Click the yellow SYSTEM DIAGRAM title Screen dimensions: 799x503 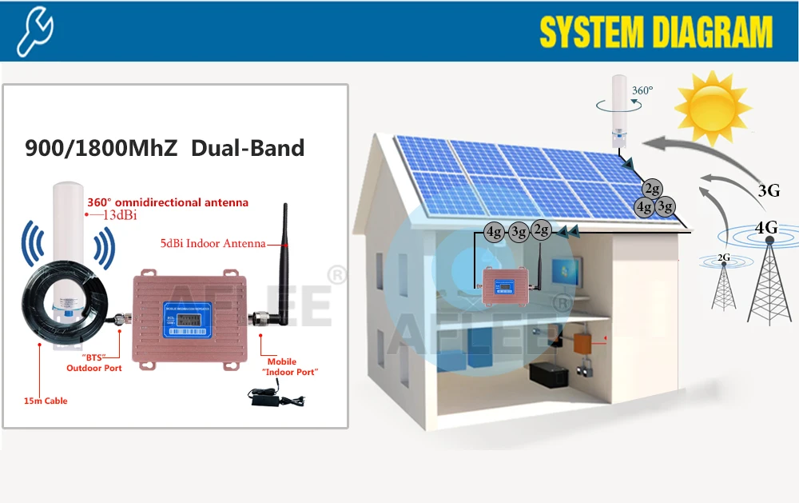point(656,32)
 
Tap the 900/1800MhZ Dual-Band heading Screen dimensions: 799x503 point(165,148)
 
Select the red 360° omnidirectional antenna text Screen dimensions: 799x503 point(167,202)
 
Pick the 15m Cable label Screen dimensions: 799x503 point(46,401)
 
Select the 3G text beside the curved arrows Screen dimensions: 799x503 point(769,190)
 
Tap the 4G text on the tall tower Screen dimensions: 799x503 point(766,228)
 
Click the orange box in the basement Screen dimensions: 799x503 point(584,342)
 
